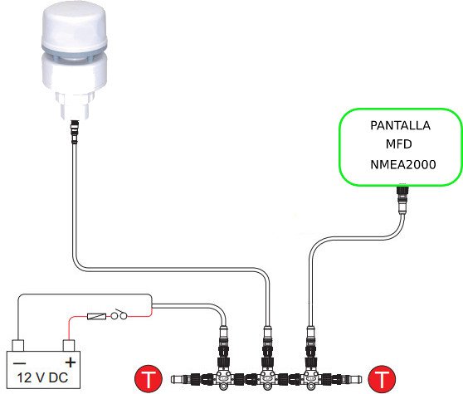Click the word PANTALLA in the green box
coord(400,126)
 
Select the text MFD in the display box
coord(399,144)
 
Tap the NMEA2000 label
coord(403,165)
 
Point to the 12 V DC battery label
coord(42,377)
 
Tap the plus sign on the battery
coord(71,362)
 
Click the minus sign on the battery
coord(20,362)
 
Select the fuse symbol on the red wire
coord(96,317)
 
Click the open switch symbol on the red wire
coord(119,315)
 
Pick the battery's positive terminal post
coord(69,346)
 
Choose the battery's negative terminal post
coord(17,346)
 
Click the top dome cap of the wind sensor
coord(75,25)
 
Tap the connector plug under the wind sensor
coord(75,132)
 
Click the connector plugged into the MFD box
coord(402,198)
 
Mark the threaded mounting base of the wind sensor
coord(75,105)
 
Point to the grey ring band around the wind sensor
coord(75,51)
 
